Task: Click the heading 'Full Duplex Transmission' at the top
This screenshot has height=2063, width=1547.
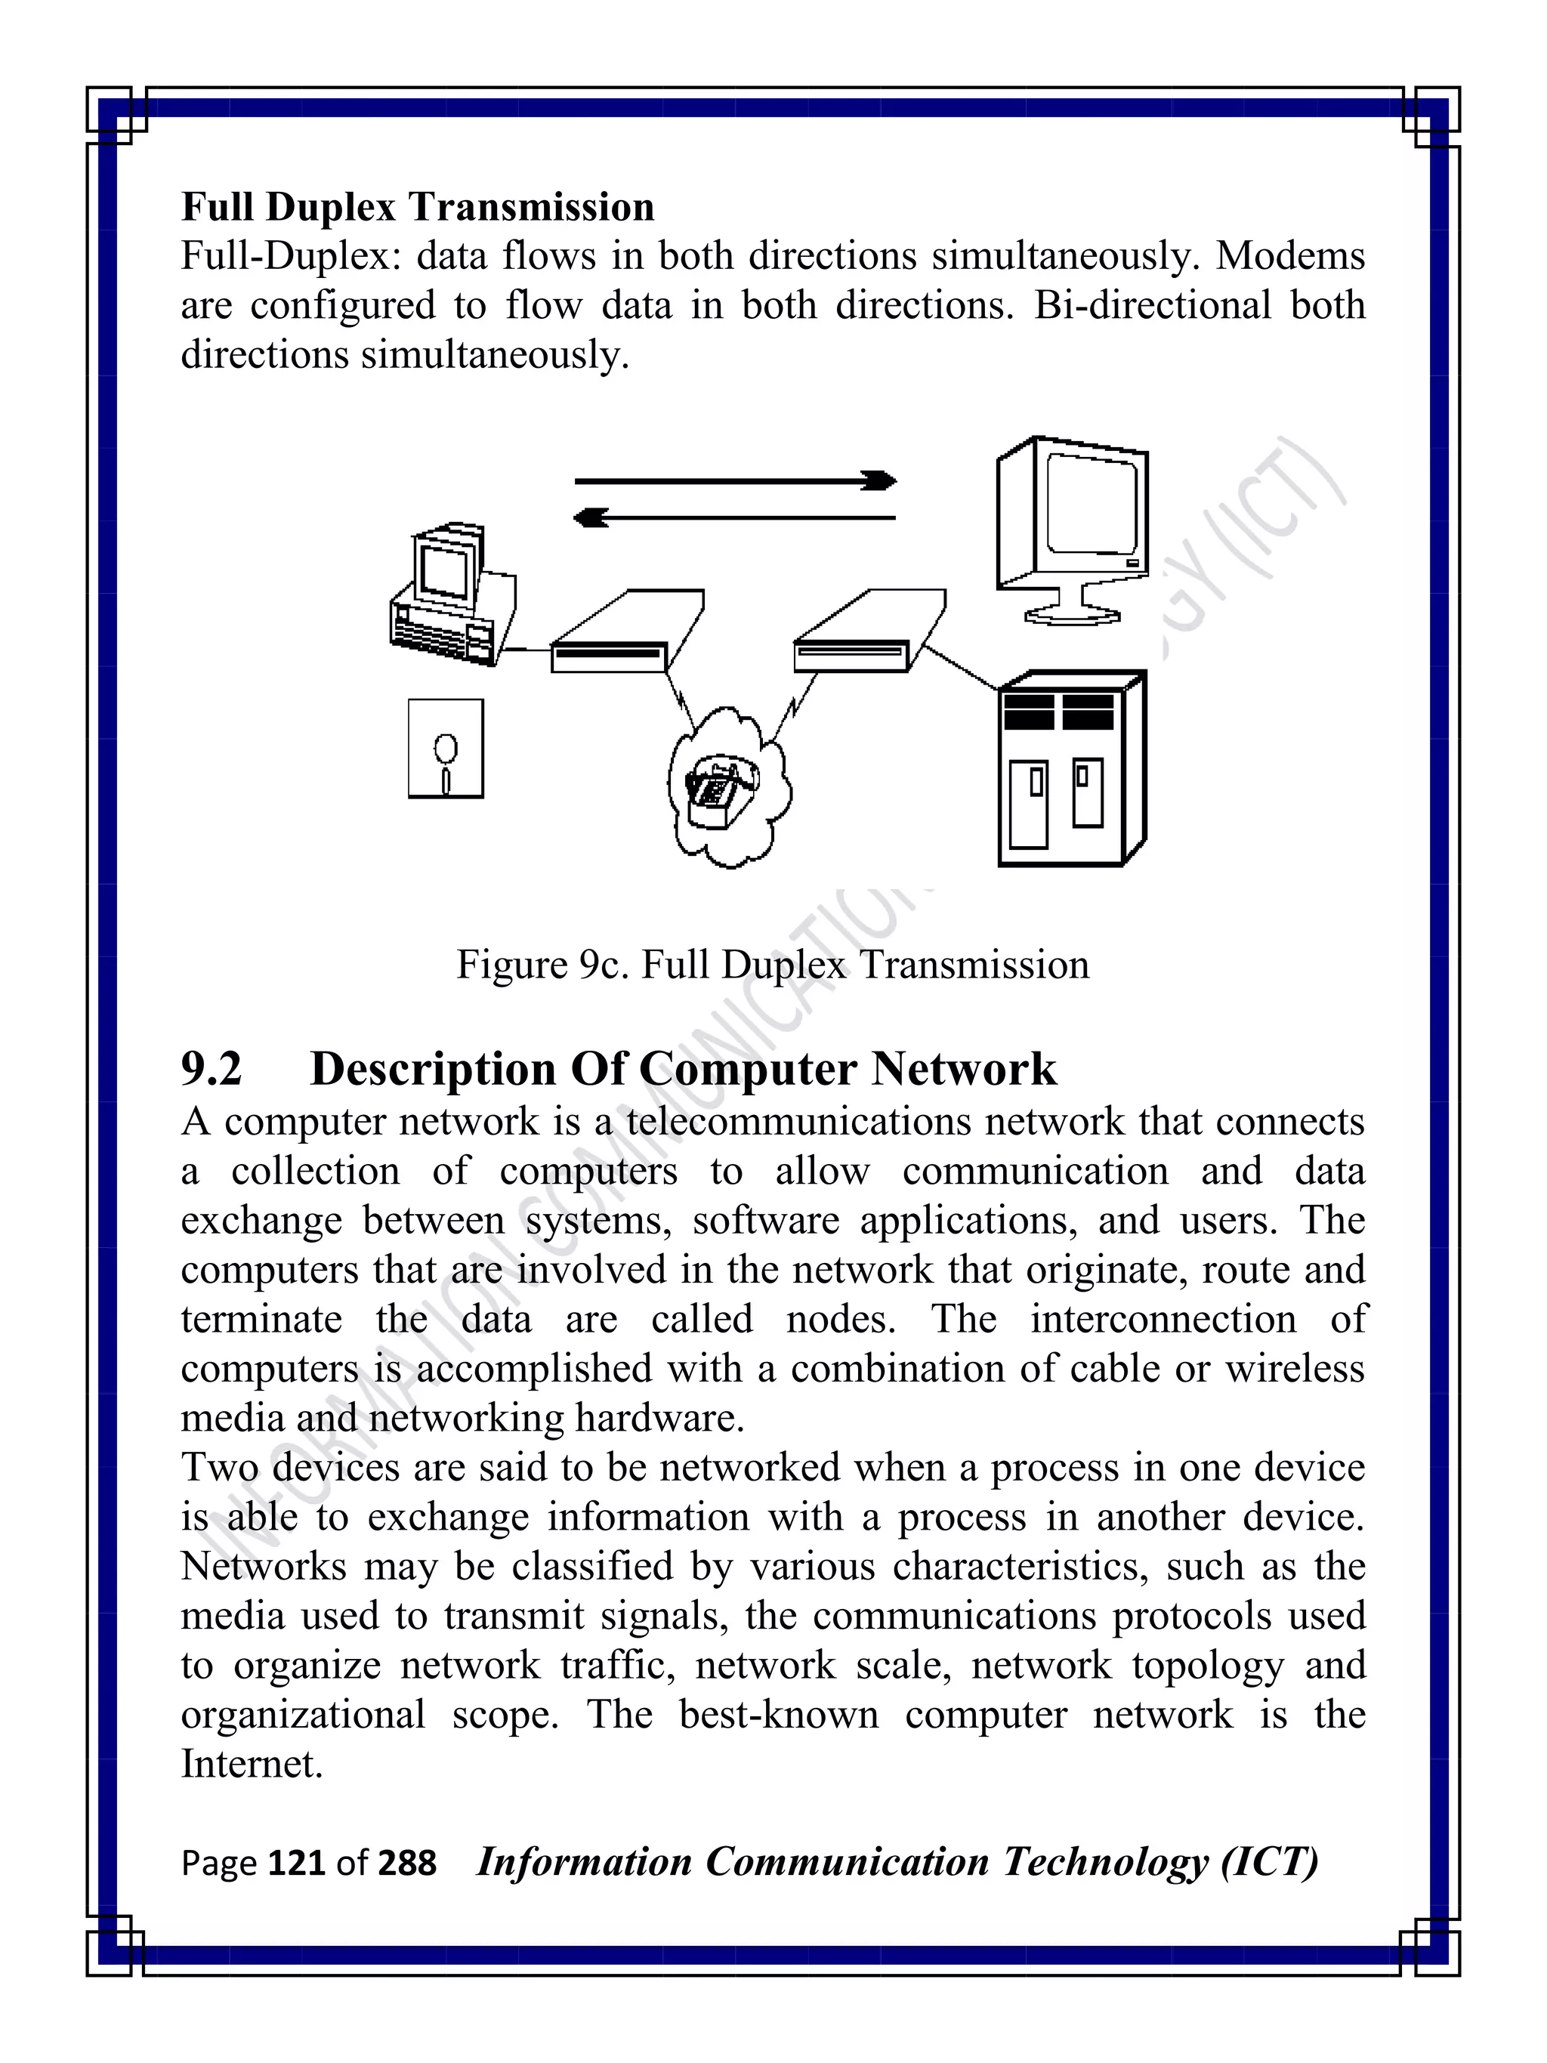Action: pos(418,207)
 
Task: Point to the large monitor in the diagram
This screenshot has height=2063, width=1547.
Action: pos(1073,528)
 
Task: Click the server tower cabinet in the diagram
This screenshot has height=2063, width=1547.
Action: pos(1071,768)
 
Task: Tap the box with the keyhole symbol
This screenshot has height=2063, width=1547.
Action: pos(446,749)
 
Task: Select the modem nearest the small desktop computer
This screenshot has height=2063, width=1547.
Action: pos(625,635)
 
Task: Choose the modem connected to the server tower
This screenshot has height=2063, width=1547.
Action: pos(867,635)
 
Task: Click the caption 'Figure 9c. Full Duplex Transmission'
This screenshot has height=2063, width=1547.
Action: pos(772,965)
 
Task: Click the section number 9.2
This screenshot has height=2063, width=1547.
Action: pos(212,1069)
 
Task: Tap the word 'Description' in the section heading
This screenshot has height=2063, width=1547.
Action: pos(434,1069)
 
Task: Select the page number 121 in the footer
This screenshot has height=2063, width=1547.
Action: pos(298,1863)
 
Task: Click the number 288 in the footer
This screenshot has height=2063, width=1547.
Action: pos(406,1863)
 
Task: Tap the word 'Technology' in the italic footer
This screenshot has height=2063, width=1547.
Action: pos(1104,1861)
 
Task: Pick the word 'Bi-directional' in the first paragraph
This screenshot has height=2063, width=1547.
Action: pos(1153,305)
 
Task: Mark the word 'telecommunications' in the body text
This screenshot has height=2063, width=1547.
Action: pos(799,1121)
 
